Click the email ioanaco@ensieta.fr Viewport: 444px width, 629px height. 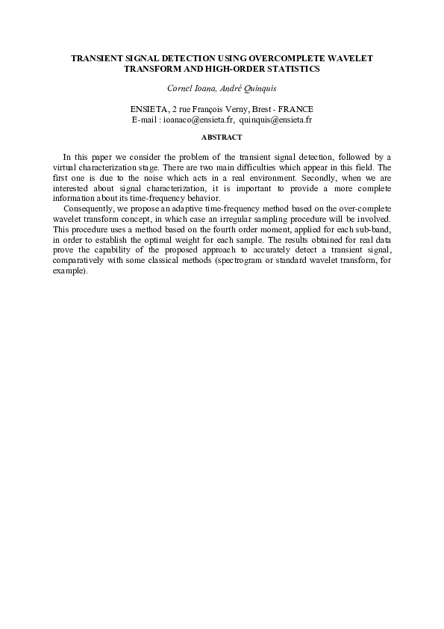[x=198, y=119]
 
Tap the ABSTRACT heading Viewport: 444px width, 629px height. [x=222, y=137]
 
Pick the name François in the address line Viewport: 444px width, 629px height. [x=210, y=109]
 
